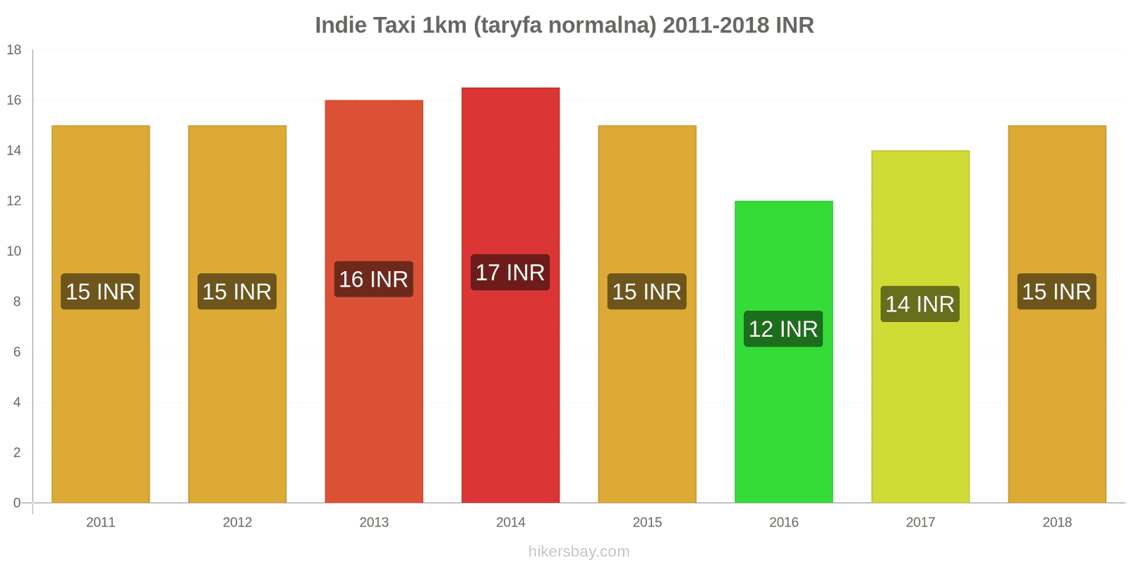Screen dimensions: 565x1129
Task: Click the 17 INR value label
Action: pos(510,273)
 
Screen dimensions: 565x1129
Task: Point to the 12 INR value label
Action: pos(783,329)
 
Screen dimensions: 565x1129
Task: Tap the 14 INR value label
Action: pos(920,304)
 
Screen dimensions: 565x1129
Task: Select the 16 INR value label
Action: pos(374,280)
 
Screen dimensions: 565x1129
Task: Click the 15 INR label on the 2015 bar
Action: pos(646,292)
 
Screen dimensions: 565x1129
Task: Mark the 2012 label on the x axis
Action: pos(237,523)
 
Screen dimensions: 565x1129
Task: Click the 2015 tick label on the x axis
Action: pos(647,523)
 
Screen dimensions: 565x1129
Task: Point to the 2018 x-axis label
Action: pos(1056,523)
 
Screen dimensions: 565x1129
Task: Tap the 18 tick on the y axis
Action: pos(14,50)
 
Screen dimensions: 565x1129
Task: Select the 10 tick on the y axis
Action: pos(14,251)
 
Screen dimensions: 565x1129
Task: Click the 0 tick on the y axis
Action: pos(17,503)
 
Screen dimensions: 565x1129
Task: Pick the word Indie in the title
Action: pos(341,25)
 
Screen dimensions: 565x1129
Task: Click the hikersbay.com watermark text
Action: pos(579,552)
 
